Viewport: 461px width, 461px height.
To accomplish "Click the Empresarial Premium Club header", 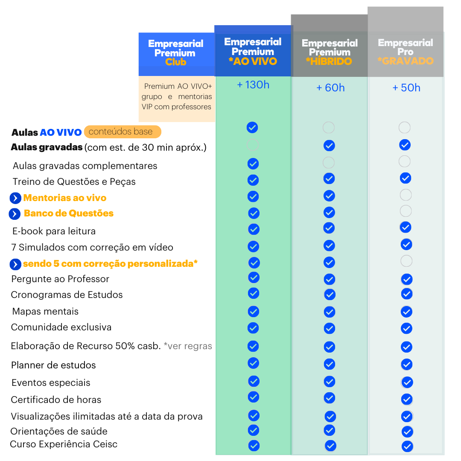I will [x=176, y=53].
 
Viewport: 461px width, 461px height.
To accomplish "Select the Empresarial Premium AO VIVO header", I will [x=253, y=52].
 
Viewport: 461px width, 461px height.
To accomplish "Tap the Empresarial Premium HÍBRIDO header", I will [x=329, y=53].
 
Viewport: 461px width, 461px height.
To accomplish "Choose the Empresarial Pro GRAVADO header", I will [x=406, y=52].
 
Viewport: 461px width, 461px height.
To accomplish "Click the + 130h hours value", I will [x=253, y=85].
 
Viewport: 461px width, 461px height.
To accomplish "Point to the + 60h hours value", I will [x=330, y=88].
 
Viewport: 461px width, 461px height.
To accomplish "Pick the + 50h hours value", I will [x=406, y=88].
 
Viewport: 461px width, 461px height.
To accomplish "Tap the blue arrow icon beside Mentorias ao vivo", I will [x=15, y=198].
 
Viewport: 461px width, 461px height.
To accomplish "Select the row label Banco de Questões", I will [x=69, y=213].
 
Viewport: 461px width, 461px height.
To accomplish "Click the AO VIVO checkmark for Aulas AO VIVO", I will [x=252, y=127].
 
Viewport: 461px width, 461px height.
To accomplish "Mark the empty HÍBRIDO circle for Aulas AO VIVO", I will [x=329, y=127].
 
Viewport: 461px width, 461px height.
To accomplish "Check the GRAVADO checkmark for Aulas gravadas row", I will [x=405, y=145].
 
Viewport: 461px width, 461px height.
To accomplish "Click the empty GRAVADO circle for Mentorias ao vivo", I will [x=406, y=195].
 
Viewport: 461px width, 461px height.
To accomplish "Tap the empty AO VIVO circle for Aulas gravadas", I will [x=253, y=145].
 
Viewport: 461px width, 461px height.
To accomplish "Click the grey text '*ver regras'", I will [x=188, y=346].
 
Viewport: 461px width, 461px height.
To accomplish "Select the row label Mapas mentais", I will [x=45, y=312].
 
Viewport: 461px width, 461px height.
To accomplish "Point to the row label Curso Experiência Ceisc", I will [x=64, y=444].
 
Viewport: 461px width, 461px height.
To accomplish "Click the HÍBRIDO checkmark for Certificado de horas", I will [x=329, y=398].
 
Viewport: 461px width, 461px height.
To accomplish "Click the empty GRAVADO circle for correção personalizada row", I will [x=406, y=261].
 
